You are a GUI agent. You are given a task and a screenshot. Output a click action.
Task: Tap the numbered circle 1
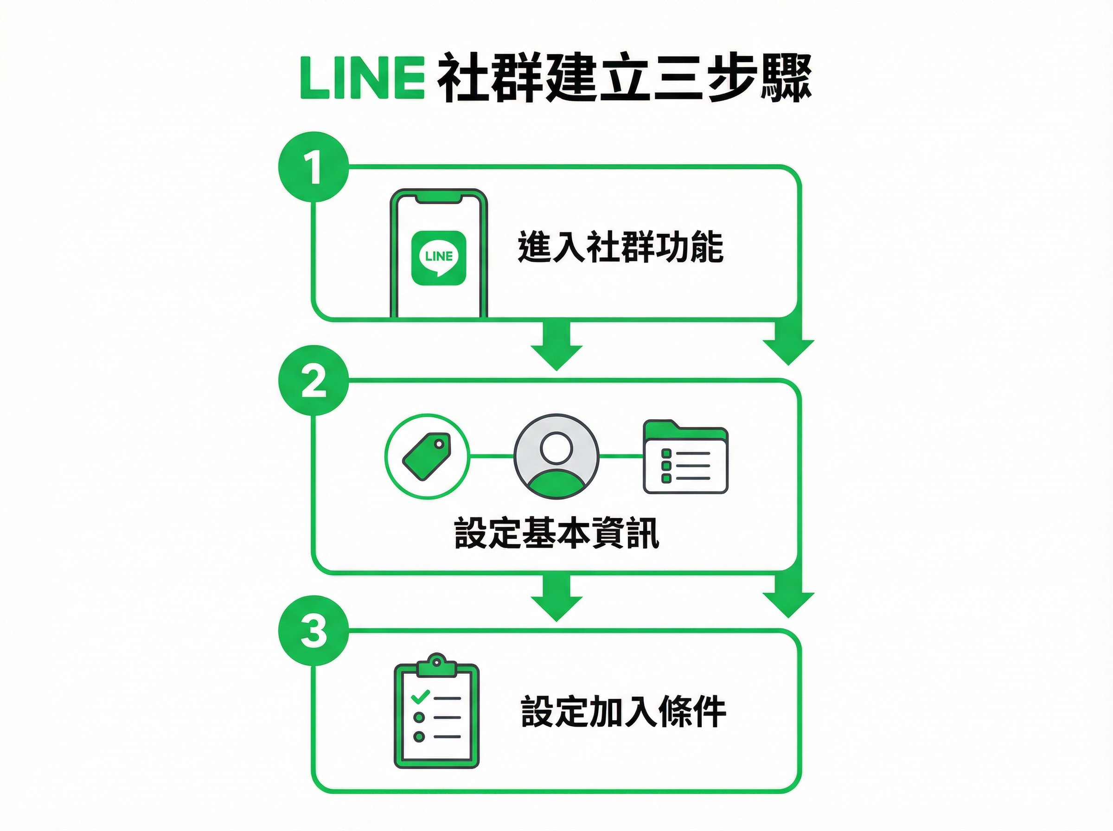(x=313, y=167)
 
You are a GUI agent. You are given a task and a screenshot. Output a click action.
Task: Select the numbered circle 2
(x=313, y=380)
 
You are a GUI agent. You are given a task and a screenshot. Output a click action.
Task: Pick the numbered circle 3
(x=313, y=630)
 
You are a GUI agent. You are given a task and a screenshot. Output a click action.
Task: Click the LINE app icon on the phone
(x=439, y=258)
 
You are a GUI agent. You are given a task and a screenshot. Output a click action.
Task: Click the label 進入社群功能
(x=620, y=247)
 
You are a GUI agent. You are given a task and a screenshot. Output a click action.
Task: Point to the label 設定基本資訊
(x=556, y=533)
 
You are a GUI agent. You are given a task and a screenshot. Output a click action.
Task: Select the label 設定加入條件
(x=623, y=712)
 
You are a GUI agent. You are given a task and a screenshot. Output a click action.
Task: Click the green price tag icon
(x=427, y=456)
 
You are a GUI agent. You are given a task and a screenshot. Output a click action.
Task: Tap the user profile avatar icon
(x=556, y=456)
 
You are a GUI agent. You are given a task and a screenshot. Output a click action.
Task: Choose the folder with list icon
(x=685, y=456)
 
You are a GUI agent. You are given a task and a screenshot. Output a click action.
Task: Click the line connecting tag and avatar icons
(x=492, y=456)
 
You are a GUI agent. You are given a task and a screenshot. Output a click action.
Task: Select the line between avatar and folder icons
(x=621, y=456)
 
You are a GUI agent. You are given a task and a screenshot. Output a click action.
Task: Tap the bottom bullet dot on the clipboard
(x=419, y=736)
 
